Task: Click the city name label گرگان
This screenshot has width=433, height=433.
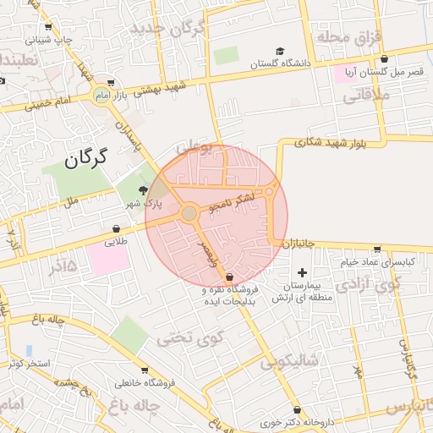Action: [x=87, y=157]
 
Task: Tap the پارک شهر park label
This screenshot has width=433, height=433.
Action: [x=144, y=204]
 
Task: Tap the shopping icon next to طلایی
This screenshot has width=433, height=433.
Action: [x=116, y=228]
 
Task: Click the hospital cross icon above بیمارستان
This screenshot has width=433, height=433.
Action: [x=302, y=273]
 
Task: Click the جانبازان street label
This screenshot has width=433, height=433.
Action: [x=299, y=244]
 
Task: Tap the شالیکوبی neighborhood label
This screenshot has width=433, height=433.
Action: [x=288, y=363]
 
